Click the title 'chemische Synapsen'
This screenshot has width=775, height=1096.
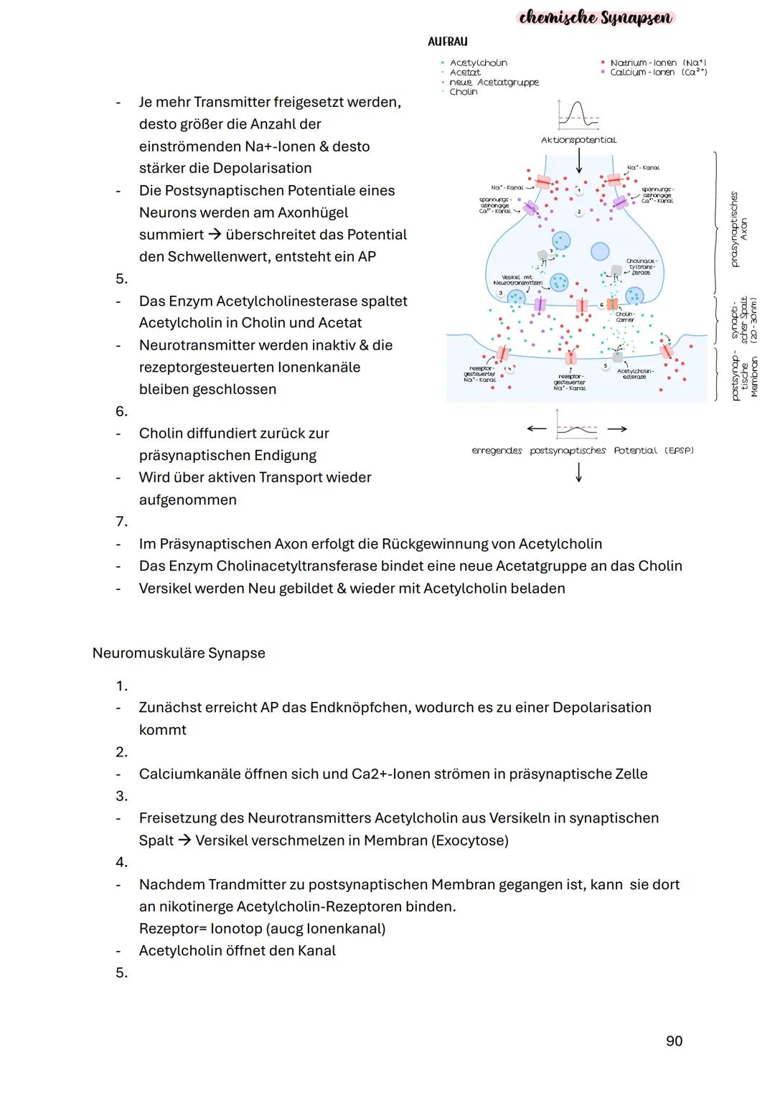click(596, 17)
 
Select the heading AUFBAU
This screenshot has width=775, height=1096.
click(447, 42)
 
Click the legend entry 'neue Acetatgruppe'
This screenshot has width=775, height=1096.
click(494, 83)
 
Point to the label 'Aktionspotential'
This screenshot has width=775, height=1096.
click(578, 140)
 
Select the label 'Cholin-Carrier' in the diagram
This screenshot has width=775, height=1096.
click(625, 317)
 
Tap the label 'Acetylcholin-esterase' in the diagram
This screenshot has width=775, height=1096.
click(635, 374)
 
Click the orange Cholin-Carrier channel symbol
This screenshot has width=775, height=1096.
click(612, 304)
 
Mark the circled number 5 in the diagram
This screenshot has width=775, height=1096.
click(605, 366)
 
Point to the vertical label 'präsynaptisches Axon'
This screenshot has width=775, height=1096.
click(738, 229)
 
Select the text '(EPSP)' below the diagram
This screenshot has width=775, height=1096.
click(679, 451)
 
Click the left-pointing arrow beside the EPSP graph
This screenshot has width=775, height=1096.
click(536, 429)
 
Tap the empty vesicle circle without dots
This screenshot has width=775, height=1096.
click(600, 251)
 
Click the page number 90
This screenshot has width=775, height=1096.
click(674, 1041)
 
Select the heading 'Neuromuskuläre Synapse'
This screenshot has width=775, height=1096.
click(179, 653)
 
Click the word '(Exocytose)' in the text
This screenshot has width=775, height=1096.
click(469, 840)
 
